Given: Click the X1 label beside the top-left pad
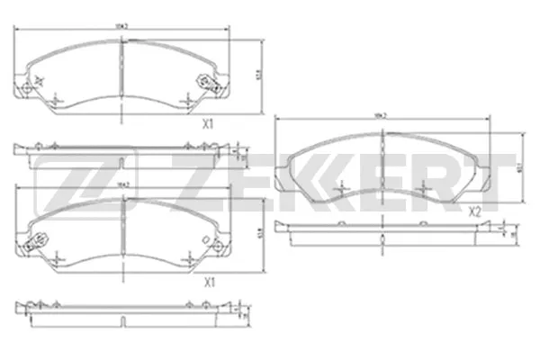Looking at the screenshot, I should click(x=207, y=124).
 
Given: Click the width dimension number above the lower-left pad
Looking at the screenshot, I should click(x=123, y=184).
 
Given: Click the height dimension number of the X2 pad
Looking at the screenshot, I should click(x=519, y=166).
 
